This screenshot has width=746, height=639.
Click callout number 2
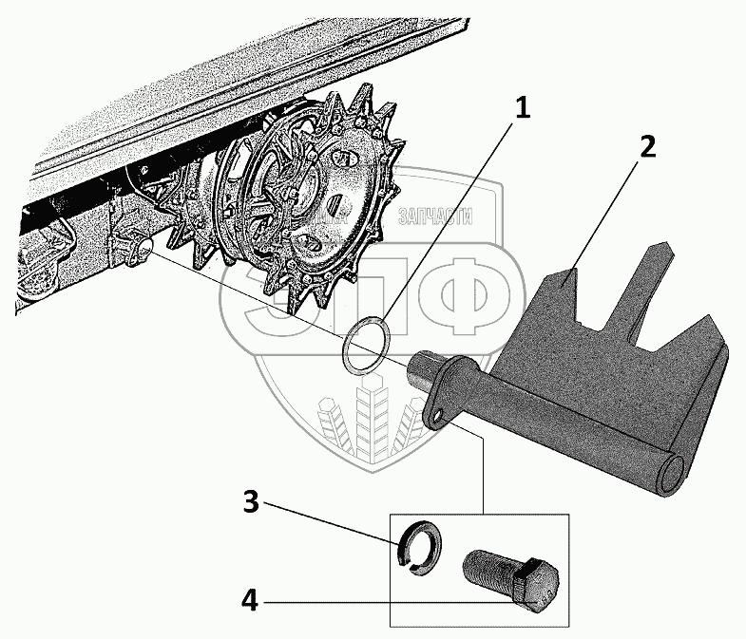(x=646, y=147)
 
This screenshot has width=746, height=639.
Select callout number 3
(x=251, y=503)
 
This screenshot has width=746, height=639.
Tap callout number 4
(x=251, y=600)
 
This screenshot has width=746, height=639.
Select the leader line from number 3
(x=331, y=523)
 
